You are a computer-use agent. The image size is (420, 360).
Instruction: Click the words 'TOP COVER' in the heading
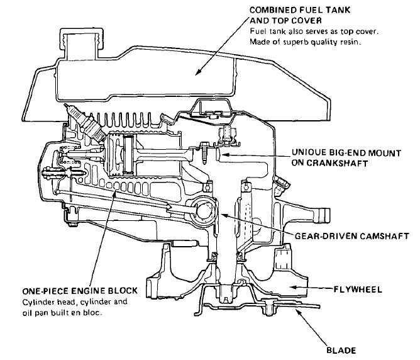(274, 20)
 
